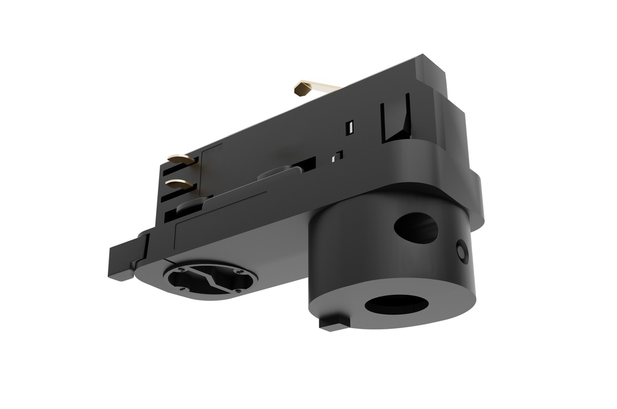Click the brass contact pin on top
pyautogui.click(x=305, y=89)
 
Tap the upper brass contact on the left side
pyautogui.click(x=181, y=160)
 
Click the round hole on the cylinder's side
pyautogui.click(x=416, y=227)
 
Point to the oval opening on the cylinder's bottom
pyautogui.click(x=395, y=303)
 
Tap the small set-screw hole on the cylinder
pyautogui.click(x=462, y=250)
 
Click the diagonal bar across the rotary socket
pyautogui.click(x=210, y=279)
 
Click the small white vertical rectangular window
pyautogui.click(x=349, y=127)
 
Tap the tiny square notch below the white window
pyautogui.click(x=339, y=155)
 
